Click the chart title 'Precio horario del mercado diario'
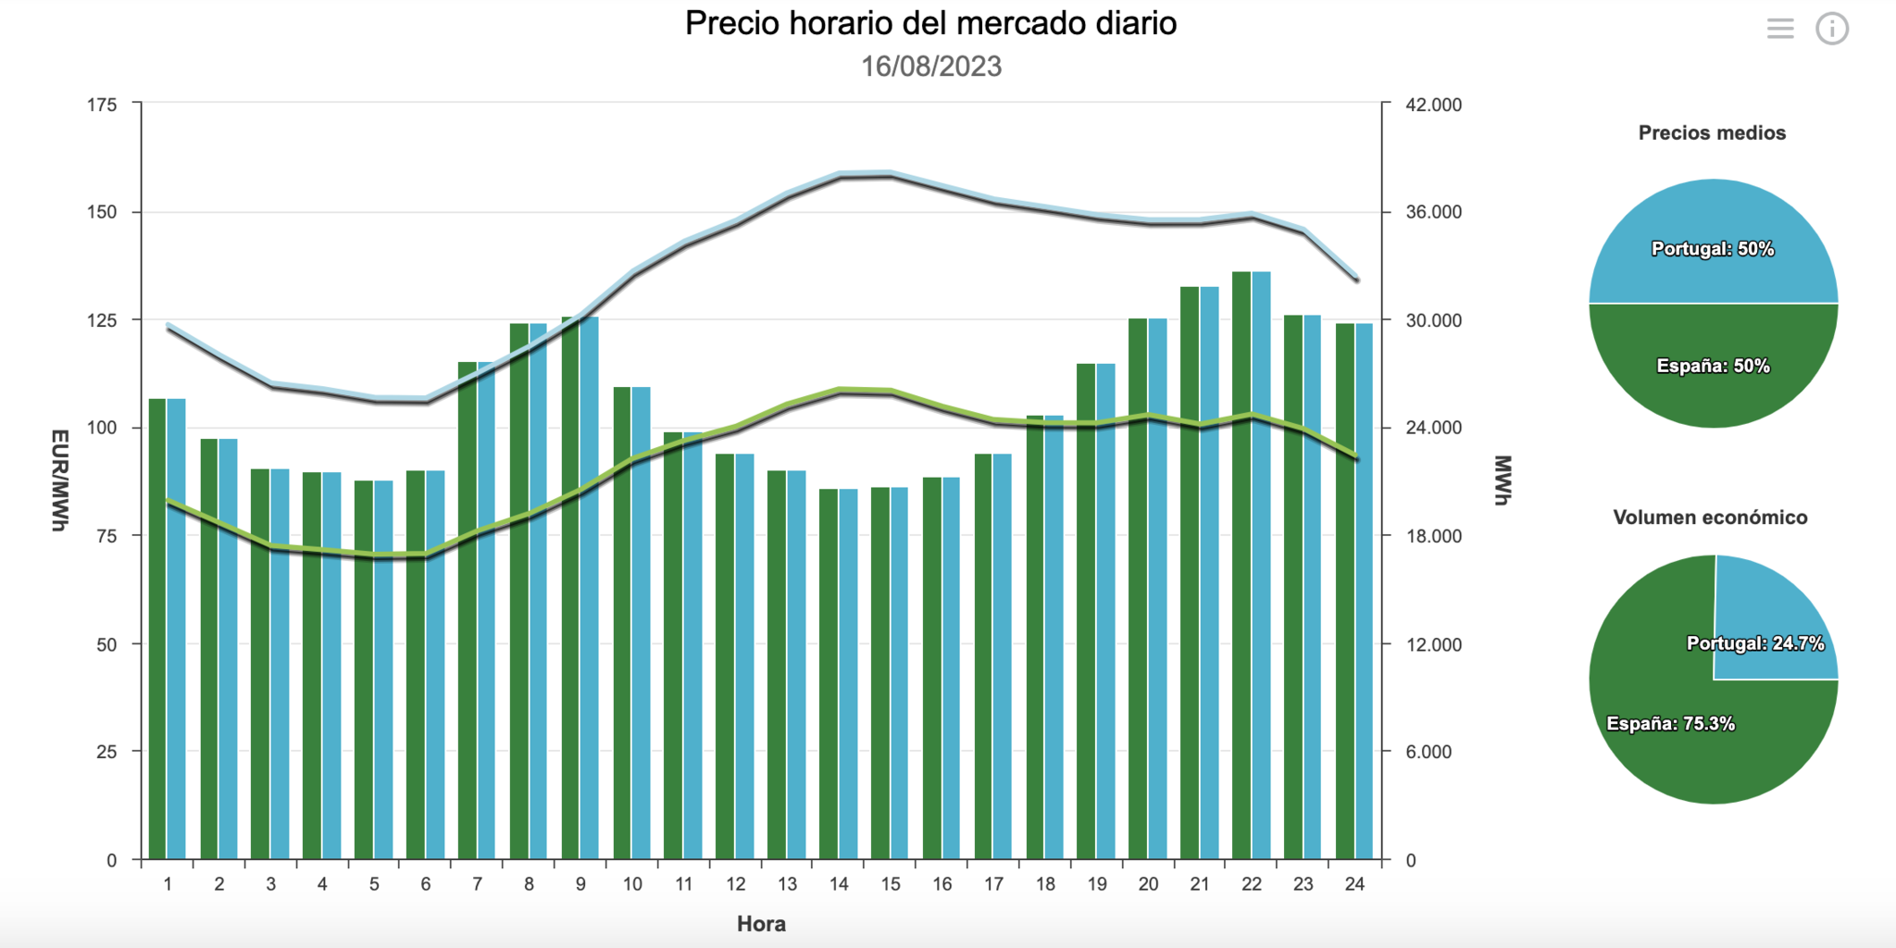pyautogui.click(x=930, y=23)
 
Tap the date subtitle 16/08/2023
pyautogui.click(x=930, y=67)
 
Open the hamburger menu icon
pyautogui.click(x=1779, y=29)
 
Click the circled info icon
pyautogui.click(x=1831, y=29)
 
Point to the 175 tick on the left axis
pyautogui.click(x=102, y=105)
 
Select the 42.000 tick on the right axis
pyautogui.click(x=1433, y=105)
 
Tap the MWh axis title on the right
pyautogui.click(x=1502, y=480)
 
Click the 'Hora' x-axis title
pyautogui.click(x=761, y=923)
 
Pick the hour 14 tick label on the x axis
pyautogui.click(x=839, y=884)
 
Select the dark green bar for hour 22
pyautogui.click(x=1241, y=565)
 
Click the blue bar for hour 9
pyautogui.click(x=590, y=588)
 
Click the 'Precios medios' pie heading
pyautogui.click(x=1712, y=132)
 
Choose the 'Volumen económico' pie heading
pyautogui.click(x=1710, y=518)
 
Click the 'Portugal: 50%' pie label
pyautogui.click(x=1713, y=249)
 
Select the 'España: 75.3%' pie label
pyautogui.click(x=1670, y=724)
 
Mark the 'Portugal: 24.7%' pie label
pyautogui.click(x=1754, y=643)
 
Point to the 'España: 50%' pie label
pyautogui.click(x=1713, y=366)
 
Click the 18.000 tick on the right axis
pyautogui.click(x=1433, y=536)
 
